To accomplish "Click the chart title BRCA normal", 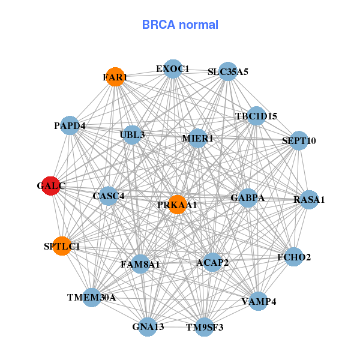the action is point(180,25).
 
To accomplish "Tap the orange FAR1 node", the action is point(115,77).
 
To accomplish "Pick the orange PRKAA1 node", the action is point(177,205).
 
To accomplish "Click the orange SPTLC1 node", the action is point(62,246).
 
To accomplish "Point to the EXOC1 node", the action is point(173,68).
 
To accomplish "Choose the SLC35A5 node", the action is point(227,71).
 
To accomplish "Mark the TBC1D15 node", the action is point(256,116).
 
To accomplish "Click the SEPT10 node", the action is point(298,141).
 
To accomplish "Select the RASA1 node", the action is point(308,199).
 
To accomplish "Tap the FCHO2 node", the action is point(294,257).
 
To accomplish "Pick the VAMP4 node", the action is point(258,301).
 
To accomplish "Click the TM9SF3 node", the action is point(205,327).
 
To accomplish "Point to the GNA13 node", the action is point(148,326).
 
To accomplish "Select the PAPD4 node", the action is point(70,125).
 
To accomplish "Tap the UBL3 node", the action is point(133,134).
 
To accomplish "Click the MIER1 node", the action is point(197,139).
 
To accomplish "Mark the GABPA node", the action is point(248,197).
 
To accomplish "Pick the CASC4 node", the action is point(109,196).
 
